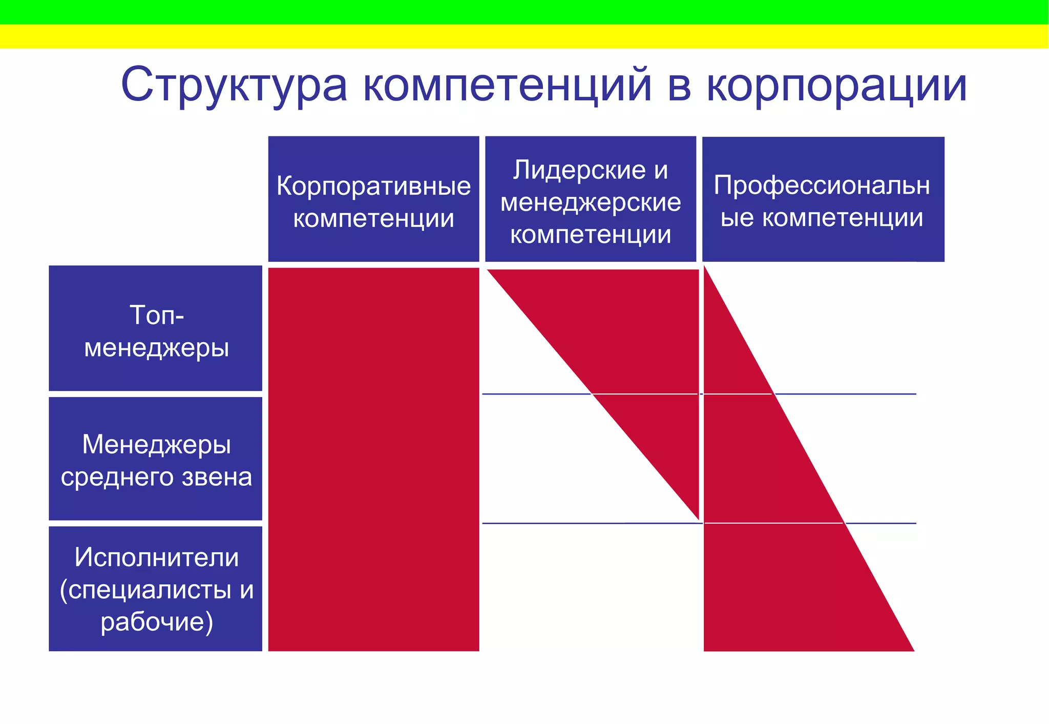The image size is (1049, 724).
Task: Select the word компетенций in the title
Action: (x=508, y=85)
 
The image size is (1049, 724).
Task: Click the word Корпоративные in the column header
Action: (x=373, y=185)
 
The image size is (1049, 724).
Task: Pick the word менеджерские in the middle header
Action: (x=591, y=202)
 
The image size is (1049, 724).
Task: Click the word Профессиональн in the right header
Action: (x=822, y=185)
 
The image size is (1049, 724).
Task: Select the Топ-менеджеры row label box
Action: (x=155, y=328)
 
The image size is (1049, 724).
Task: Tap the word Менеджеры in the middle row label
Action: (x=156, y=444)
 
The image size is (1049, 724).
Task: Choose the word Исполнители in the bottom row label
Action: (x=156, y=557)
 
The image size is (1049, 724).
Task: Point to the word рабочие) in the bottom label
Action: (x=156, y=622)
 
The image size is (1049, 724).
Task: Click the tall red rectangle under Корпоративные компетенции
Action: (x=373, y=459)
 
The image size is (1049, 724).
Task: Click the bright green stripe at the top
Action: (x=524, y=12)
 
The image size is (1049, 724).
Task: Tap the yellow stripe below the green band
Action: (x=524, y=36)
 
